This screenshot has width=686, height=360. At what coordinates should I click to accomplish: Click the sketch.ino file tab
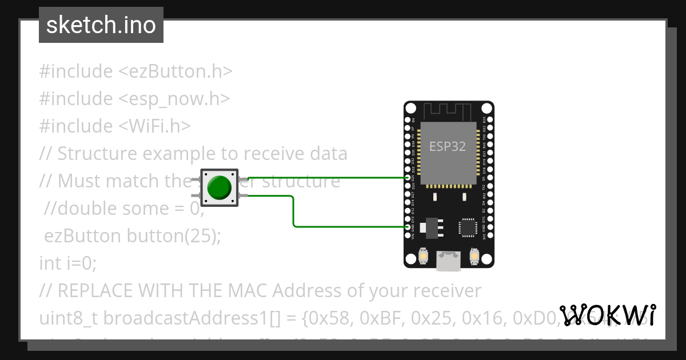coord(101,25)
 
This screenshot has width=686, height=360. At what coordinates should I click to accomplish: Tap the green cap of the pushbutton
coord(219,187)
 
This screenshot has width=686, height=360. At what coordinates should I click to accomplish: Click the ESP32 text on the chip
coord(448,146)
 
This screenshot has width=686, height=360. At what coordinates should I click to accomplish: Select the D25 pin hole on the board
coord(408,178)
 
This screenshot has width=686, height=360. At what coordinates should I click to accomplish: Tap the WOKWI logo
coord(608,315)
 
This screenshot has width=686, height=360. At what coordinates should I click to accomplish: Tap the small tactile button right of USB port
coord(474,256)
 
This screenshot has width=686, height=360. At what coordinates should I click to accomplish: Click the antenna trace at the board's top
coord(448,110)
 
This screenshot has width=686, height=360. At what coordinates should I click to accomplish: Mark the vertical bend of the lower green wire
coord(294,211)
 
